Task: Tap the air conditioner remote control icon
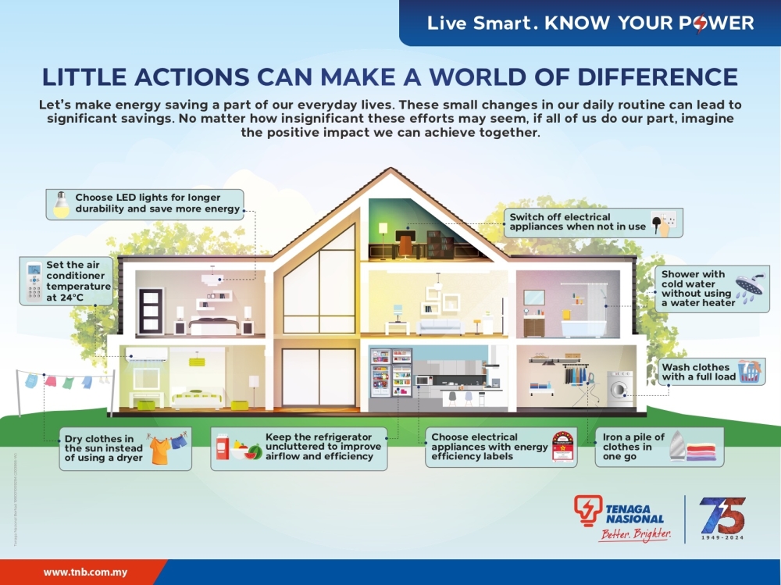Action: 34,281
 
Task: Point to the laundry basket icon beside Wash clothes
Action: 749,372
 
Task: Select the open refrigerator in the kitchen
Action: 390,373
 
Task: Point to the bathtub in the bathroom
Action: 585,326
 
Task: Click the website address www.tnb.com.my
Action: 85,572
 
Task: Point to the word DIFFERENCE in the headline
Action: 657,77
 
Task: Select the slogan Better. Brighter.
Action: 635,534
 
